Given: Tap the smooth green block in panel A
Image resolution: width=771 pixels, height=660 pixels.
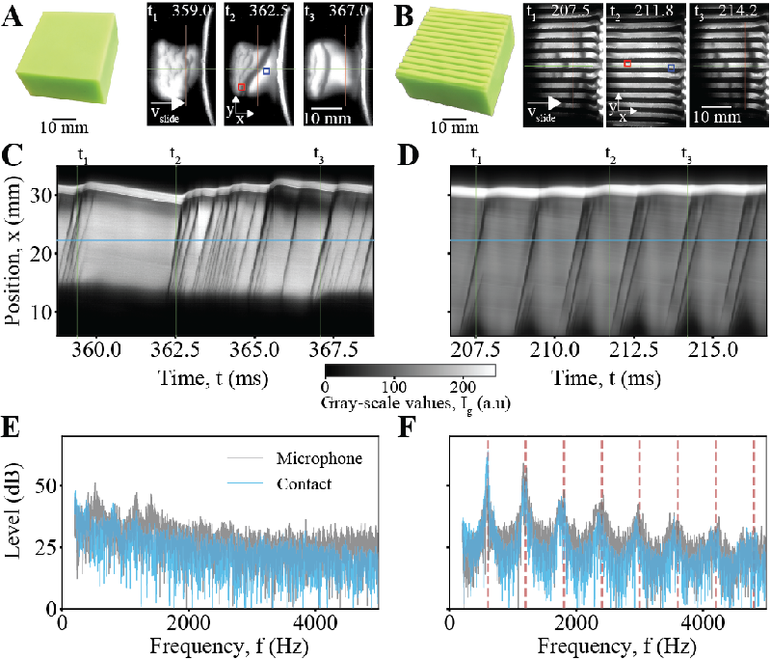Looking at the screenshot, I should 66,63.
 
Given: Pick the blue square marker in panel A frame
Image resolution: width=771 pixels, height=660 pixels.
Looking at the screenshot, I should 267,70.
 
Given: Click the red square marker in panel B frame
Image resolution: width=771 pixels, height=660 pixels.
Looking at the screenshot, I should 627,63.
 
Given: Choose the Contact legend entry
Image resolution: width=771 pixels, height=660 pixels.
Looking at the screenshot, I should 312,484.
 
